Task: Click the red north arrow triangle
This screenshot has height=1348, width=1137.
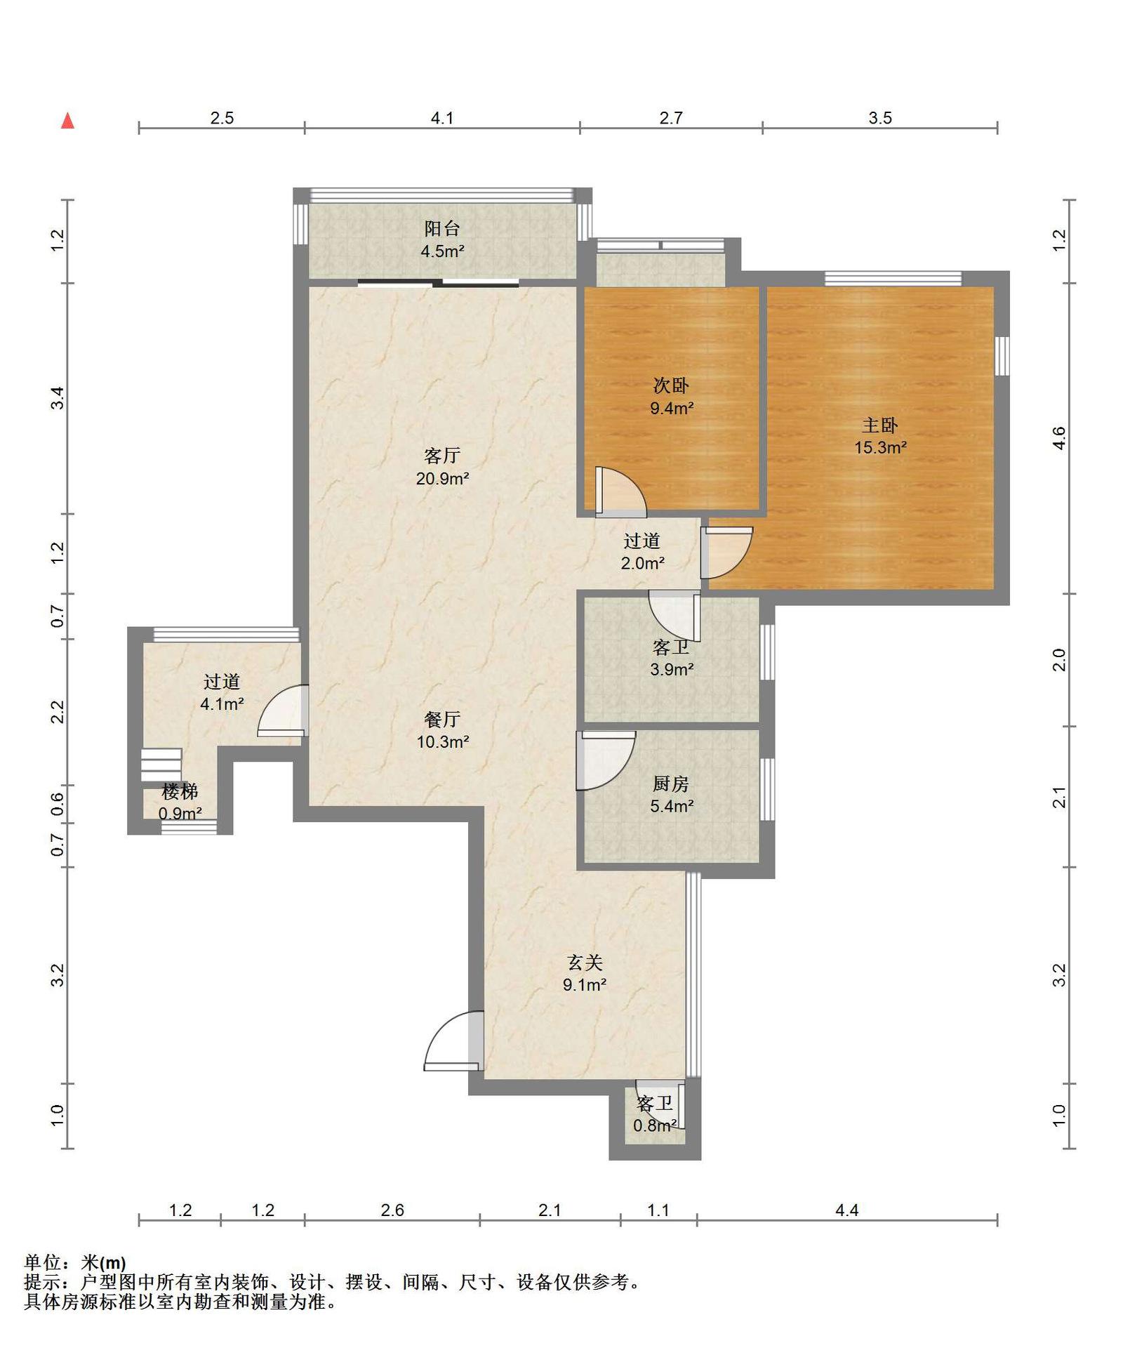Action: point(67,121)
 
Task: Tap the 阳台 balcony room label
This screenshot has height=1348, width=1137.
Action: point(442,228)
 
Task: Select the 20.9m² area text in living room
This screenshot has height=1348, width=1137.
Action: point(442,479)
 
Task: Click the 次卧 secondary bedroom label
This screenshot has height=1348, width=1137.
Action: point(671,385)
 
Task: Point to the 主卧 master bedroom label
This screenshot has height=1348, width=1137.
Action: point(880,425)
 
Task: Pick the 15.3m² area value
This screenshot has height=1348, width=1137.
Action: point(880,448)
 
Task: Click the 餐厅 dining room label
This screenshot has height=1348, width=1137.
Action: point(442,719)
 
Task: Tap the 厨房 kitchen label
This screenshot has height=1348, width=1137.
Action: point(671,784)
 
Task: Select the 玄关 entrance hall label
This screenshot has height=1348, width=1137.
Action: point(585,962)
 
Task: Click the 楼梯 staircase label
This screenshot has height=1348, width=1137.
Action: point(180,791)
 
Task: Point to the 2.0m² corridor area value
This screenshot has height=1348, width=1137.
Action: point(642,563)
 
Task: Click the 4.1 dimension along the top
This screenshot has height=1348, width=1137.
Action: point(442,118)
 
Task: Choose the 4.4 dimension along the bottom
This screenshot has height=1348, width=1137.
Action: point(847,1210)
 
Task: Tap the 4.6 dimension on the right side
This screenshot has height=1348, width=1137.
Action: point(1059,438)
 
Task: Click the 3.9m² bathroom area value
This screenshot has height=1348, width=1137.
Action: point(672,670)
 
